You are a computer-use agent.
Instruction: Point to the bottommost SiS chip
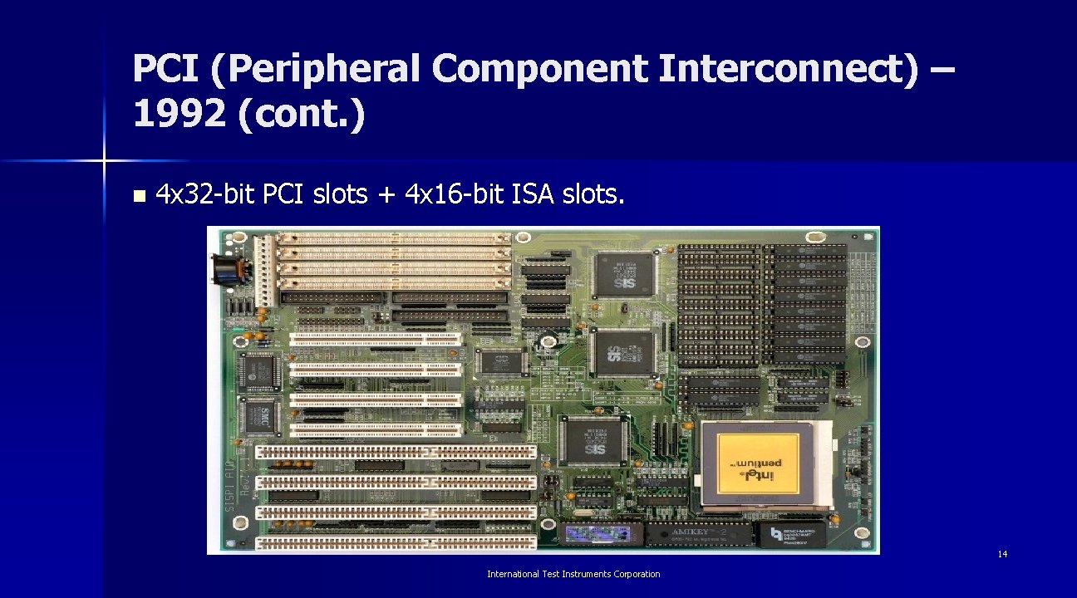(593, 441)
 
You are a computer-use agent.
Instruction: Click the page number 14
(1002, 554)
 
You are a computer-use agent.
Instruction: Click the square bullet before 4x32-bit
(138, 197)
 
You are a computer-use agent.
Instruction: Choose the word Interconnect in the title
(789, 70)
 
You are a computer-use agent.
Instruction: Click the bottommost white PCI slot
(376, 430)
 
